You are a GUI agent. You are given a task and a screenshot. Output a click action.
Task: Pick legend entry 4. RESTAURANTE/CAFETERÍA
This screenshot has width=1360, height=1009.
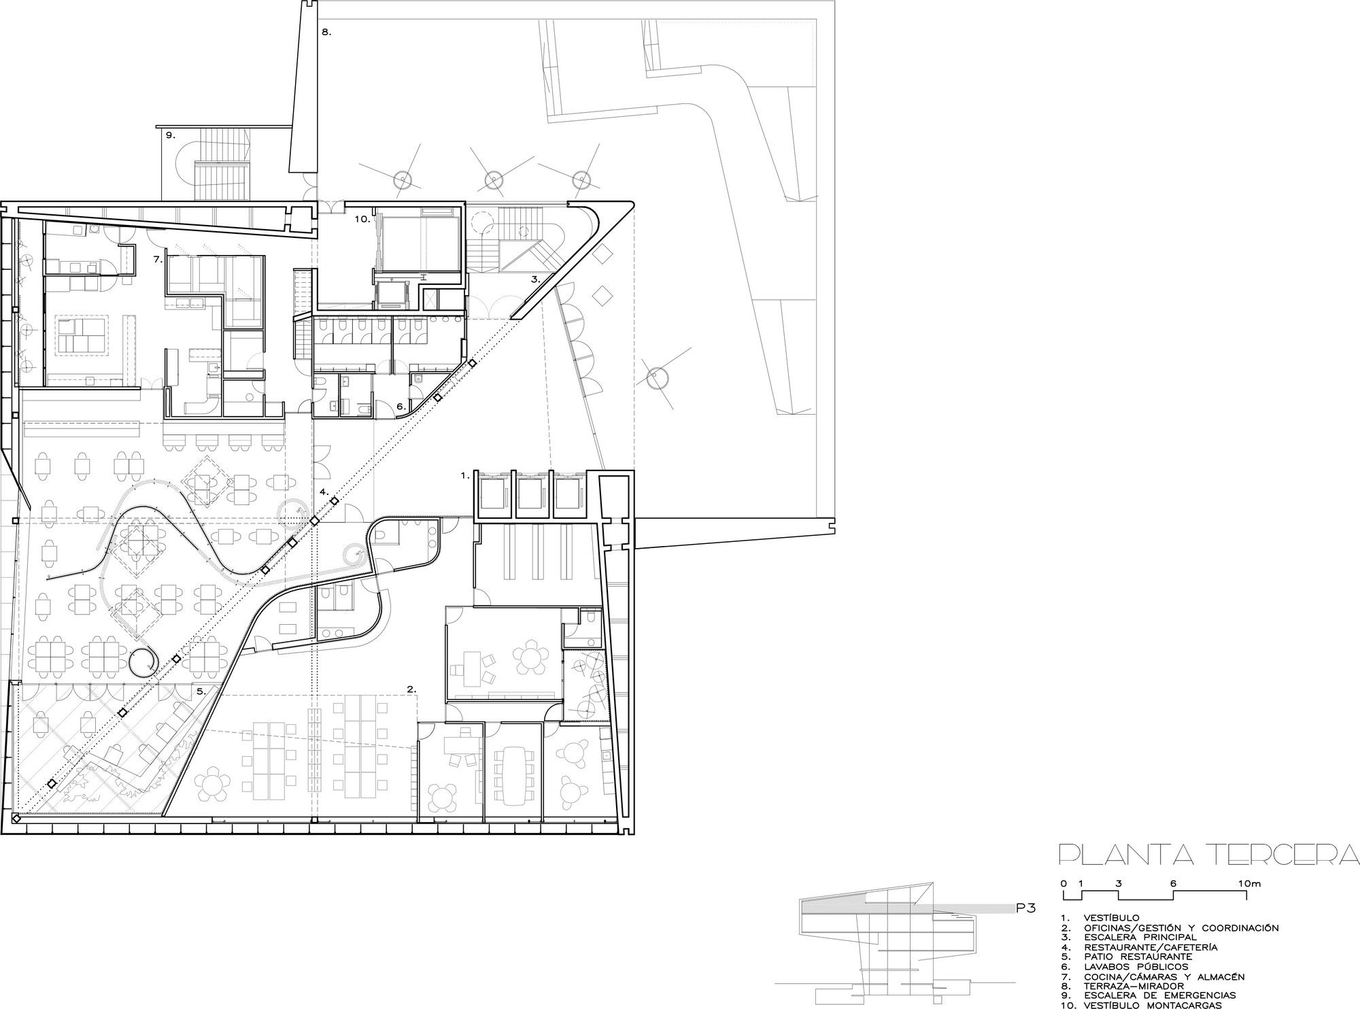click(x=1138, y=946)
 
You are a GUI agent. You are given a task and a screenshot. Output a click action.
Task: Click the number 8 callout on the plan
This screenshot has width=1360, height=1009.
click(x=326, y=32)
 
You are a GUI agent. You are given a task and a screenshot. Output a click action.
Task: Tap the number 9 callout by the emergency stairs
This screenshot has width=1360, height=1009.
click(x=169, y=135)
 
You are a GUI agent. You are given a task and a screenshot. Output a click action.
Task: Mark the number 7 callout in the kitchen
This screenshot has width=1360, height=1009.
click(x=157, y=260)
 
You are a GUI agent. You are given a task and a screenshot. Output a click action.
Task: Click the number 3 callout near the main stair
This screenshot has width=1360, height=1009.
click(x=535, y=279)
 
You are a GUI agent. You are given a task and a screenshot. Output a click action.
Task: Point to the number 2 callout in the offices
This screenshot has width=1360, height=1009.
click(x=411, y=689)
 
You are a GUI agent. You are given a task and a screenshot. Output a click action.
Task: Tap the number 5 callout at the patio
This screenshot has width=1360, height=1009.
click(x=201, y=691)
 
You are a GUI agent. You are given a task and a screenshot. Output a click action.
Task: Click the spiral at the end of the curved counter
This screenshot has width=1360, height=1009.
click(x=143, y=661)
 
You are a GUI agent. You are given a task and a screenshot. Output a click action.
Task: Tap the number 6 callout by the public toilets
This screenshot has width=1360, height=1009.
click(x=401, y=406)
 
